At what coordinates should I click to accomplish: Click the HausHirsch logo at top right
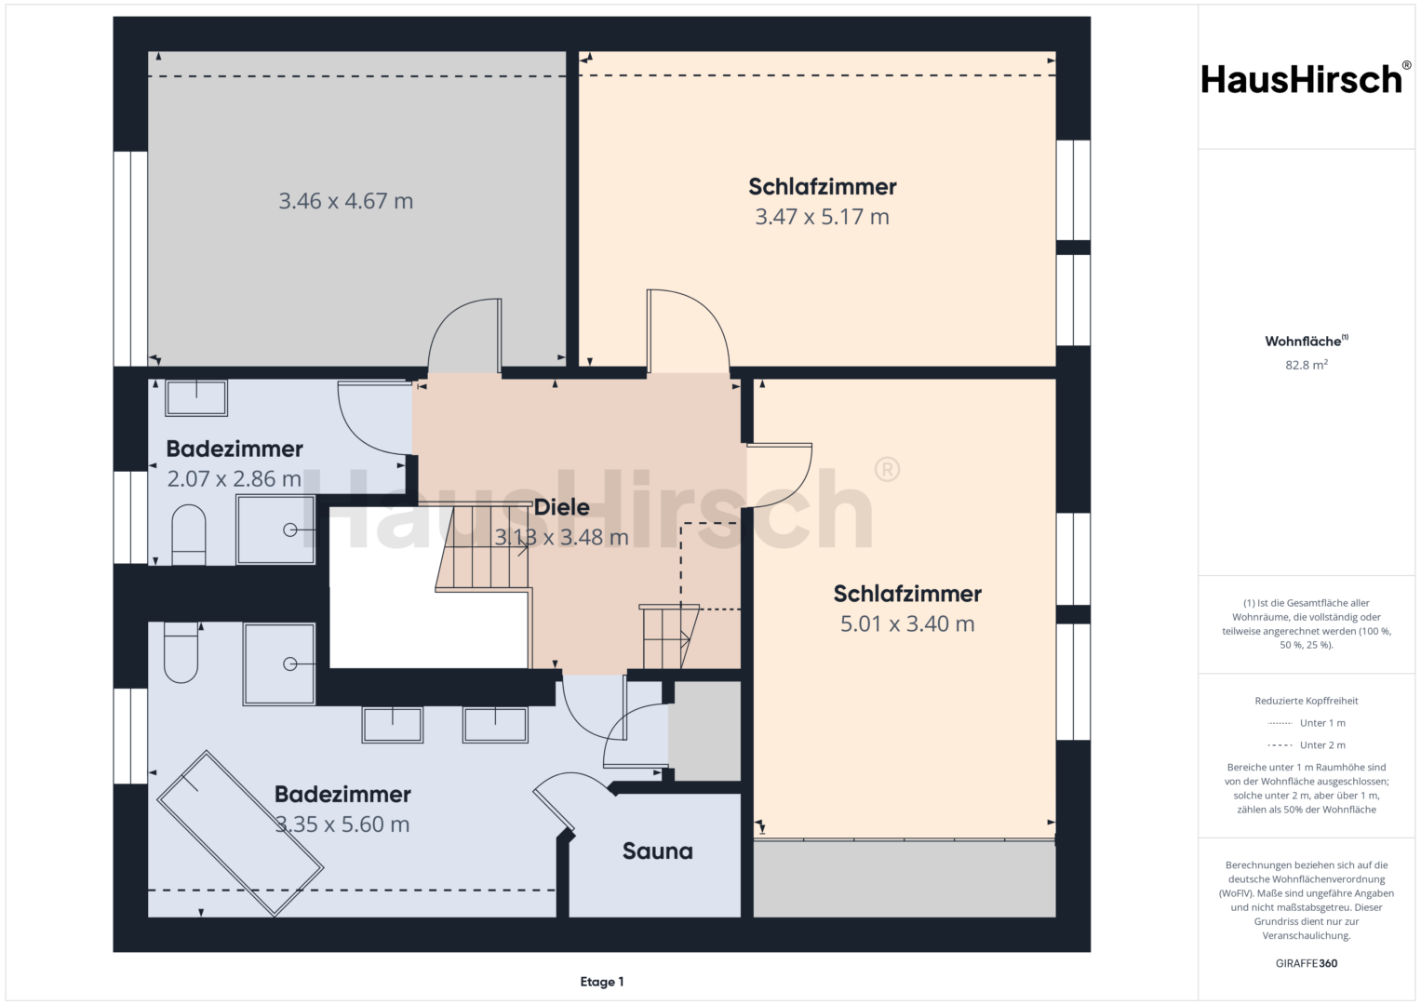[1307, 79]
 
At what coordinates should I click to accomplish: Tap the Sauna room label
[657, 851]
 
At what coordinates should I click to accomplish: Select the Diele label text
[561, 507]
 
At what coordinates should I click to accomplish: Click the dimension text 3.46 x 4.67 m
[346, 201]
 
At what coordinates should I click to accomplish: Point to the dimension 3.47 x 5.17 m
[822, 217]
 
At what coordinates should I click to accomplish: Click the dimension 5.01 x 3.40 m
[907, 623]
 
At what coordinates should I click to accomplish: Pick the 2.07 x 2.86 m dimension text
[235, 478]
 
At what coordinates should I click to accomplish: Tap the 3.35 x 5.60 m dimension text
[342, 824]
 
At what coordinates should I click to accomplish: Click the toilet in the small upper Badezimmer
[188, 535]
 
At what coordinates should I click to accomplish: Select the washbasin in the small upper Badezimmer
[196, 398]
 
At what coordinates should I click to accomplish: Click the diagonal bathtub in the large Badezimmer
[240, 834]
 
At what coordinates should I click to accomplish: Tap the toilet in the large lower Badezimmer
[181, 652]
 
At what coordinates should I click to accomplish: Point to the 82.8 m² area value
[1307, 365]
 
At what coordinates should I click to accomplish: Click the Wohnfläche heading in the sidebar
[1307, 342]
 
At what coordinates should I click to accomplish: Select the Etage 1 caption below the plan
[602, 982]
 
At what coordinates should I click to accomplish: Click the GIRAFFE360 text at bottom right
[1307, 963]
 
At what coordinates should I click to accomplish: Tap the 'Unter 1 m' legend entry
[1307, 723]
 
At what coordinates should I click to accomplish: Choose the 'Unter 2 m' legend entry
[1307, 744]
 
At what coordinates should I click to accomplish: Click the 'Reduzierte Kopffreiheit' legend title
[1307, 701]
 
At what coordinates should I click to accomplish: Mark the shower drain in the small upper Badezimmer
[290, 529]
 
